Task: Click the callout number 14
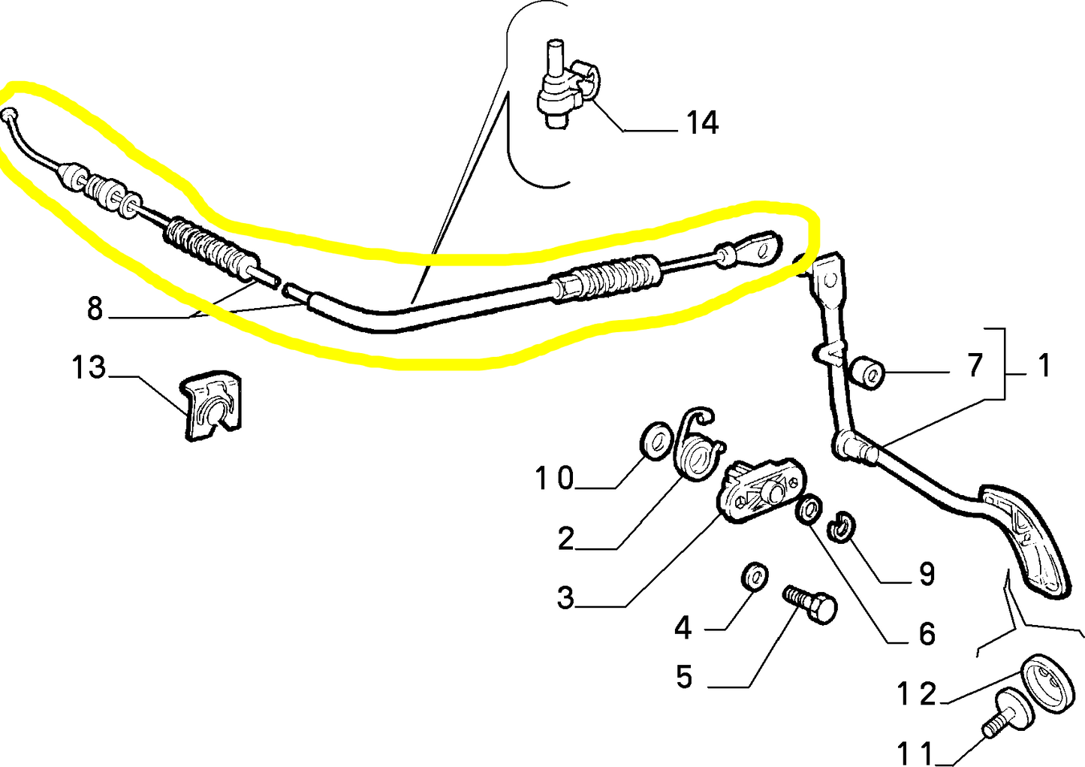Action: click(703, 122)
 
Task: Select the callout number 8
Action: click(95, 308)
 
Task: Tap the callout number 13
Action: click(89, 367)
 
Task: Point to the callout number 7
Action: click(975, 365)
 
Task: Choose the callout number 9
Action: click(927, 574)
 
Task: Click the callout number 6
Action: click(927, 634)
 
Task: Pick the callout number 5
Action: click(684, 676)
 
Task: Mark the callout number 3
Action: click(565, 598)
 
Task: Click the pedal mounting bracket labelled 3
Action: click(761, 489)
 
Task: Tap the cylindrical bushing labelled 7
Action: click(867, 373)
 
